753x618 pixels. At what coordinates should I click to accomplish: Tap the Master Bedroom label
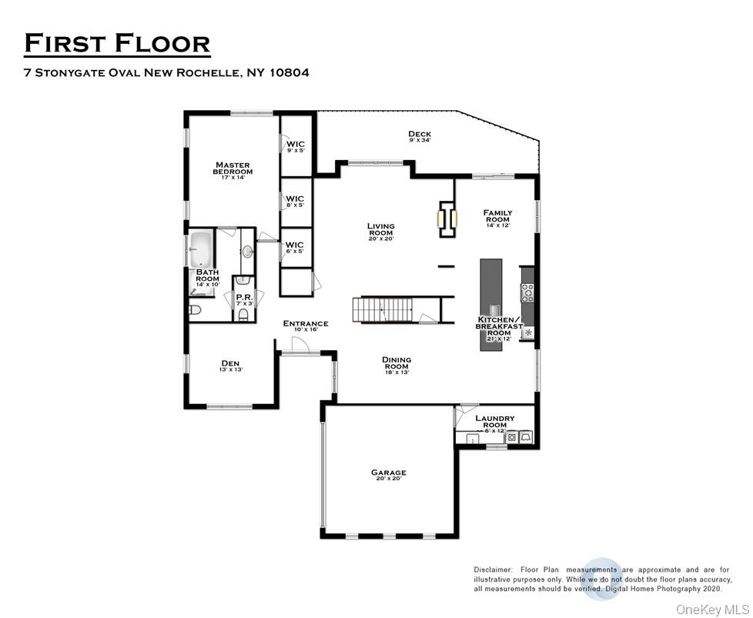tap(233, 170)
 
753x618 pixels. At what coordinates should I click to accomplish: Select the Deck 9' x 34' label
tap(420, 136)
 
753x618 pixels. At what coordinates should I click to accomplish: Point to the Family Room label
tap(497, 218)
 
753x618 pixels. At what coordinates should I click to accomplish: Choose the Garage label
tap(388, 476)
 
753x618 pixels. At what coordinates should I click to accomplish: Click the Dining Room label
tap(397, 365)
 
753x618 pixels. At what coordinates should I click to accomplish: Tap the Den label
tap(230, 366)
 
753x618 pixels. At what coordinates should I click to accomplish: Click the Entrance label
tap(306, 326)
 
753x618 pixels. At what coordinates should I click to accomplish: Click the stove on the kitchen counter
tap(528, 291)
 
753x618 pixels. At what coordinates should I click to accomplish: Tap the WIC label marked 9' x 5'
tap(296, 146)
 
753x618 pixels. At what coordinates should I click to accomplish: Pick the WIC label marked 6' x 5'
tap(296, 247)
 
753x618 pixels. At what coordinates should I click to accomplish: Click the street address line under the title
tap(167, 74)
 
